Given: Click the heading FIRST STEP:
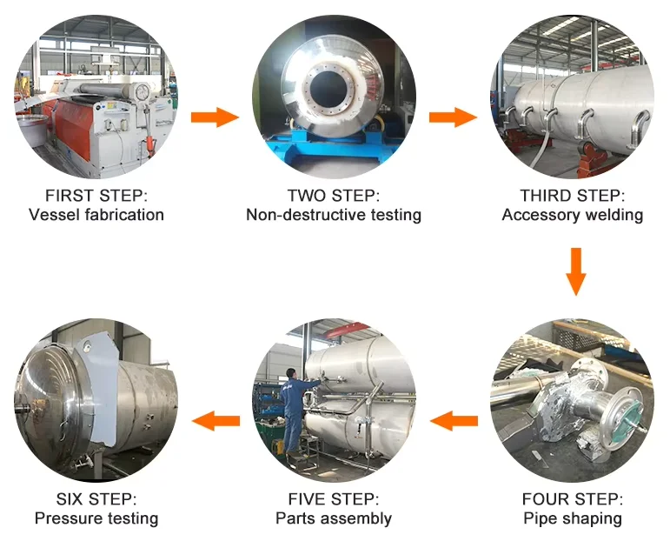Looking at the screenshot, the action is click(x=96, y=196).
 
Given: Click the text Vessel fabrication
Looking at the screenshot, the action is click(x=96, y=215).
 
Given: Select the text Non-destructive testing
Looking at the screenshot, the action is click(x=334, y=215).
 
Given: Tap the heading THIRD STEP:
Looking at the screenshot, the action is click(x=573, y=196).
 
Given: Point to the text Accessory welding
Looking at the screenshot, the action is click(x=573, y=215).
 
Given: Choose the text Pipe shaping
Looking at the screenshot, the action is click(x=573, y=518).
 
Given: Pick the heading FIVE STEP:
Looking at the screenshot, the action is click(x=334, y=499).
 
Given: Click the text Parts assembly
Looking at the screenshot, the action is click(x=334, y=518).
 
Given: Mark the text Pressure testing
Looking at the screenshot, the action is click(x=96, y=518).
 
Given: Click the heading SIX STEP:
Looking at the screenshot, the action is click(x=96, y=499).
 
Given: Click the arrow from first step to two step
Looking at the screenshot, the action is click(x=215, y=117).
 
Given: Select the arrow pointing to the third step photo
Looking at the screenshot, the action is click(x=453, y=117).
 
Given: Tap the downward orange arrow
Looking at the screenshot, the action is click(x=574, y=271).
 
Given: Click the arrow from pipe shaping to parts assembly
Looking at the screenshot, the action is click(x=454, y=422).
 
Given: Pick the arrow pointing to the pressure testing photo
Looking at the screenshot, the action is click(x=216, y=422).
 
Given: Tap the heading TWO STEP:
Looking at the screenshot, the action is click(x=334, y=196).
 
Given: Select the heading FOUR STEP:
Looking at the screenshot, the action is click(x=573, y=499).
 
